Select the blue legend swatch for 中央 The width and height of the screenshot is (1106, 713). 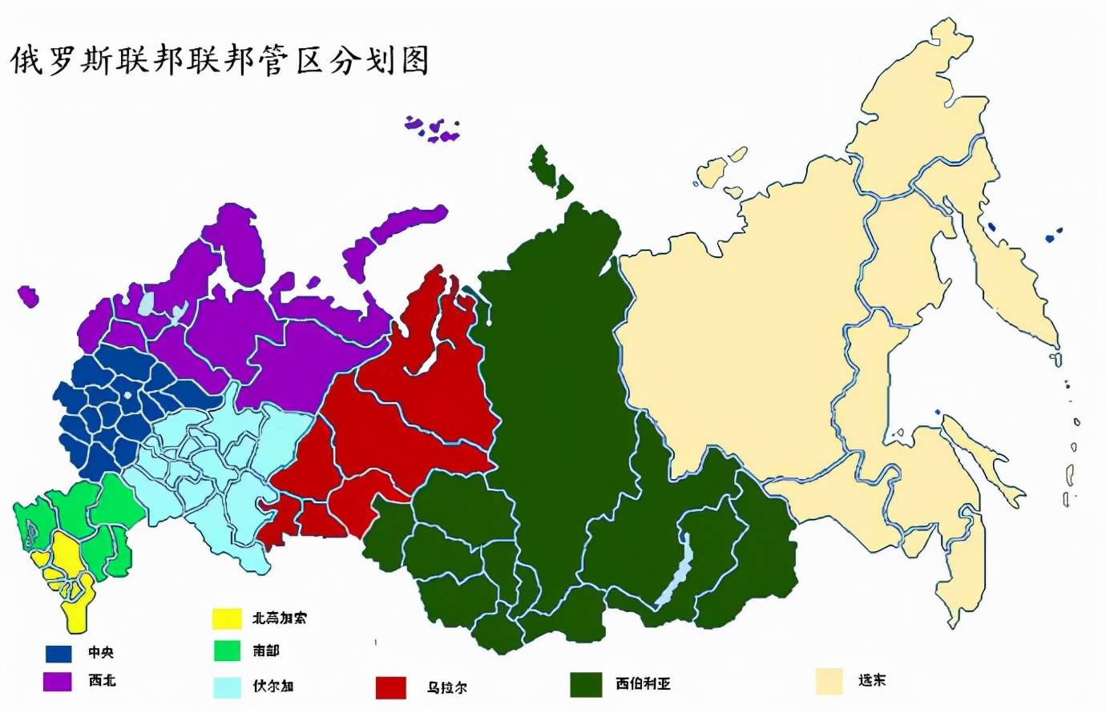[58, 653]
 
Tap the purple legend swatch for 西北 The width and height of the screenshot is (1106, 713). [58, 681]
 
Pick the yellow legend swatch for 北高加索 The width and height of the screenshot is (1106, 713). [227, 618]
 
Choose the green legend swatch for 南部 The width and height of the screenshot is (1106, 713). [227, 651]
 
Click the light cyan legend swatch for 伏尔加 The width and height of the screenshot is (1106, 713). [227, 687]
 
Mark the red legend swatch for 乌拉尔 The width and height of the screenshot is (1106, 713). [391, 687]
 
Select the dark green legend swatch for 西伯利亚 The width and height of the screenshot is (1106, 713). [586, 684]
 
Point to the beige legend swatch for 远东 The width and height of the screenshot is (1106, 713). [829, 681]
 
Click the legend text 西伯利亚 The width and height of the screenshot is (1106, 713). [643, 684]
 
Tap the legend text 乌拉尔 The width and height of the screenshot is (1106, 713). [446, 687]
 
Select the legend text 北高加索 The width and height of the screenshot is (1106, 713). [279, 618]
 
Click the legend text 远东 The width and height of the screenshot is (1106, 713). [871, 681]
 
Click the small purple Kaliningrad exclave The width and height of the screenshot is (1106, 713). [28, 296]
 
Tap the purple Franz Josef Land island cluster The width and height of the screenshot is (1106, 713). [433, 129]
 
